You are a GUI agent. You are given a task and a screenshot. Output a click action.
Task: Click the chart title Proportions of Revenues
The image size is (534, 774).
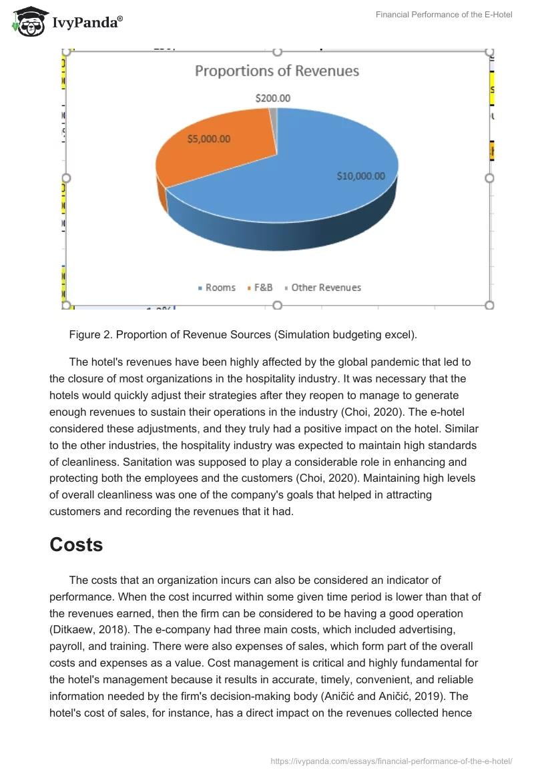[x=276, y=71]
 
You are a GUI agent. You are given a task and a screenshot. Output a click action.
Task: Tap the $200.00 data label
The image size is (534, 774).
[x=272, y=98]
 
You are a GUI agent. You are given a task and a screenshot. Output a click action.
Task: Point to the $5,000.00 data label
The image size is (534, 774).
[x=209, y=139]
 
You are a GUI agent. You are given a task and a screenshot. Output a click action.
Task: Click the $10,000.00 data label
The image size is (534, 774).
[x=360, y=176]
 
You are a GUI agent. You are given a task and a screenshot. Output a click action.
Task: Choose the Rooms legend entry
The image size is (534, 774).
[x=217, y=288]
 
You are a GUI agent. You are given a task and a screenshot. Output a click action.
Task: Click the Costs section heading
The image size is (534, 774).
[x=76, y=544]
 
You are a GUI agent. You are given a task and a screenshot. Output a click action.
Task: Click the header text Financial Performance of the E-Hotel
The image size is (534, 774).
[x=444, y=15]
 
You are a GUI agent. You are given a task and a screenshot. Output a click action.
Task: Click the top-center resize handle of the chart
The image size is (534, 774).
[x=278, y=51]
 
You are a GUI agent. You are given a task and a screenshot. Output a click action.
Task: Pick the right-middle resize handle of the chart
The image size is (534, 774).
[x=489, y=178]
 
